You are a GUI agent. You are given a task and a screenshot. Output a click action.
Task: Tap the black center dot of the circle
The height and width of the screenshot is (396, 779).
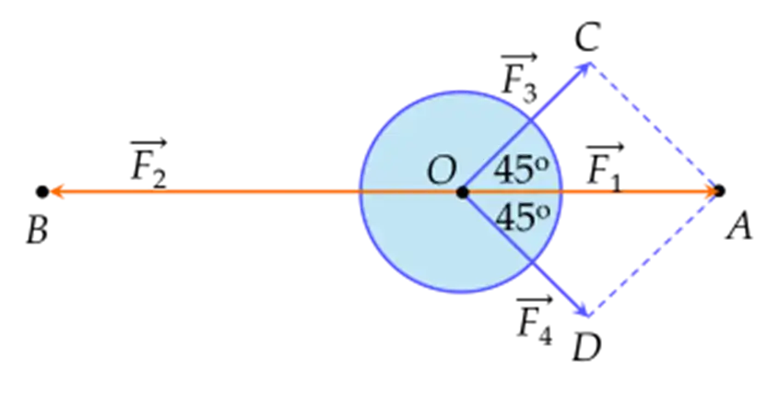pyautogui.click(x=462, y=192)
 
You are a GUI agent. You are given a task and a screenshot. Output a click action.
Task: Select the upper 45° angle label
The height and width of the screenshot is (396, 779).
pyautogui.click(x=522, y=169)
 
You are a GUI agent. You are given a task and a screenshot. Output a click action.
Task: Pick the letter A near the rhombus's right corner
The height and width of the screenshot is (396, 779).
pyautogui.click(x=739, y=227)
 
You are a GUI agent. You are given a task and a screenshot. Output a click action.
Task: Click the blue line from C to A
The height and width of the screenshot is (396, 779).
pyautogui.click(x=655, y=128)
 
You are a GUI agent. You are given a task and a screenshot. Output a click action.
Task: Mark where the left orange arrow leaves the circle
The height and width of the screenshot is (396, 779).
pyautogui.click(x=358, y=192)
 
